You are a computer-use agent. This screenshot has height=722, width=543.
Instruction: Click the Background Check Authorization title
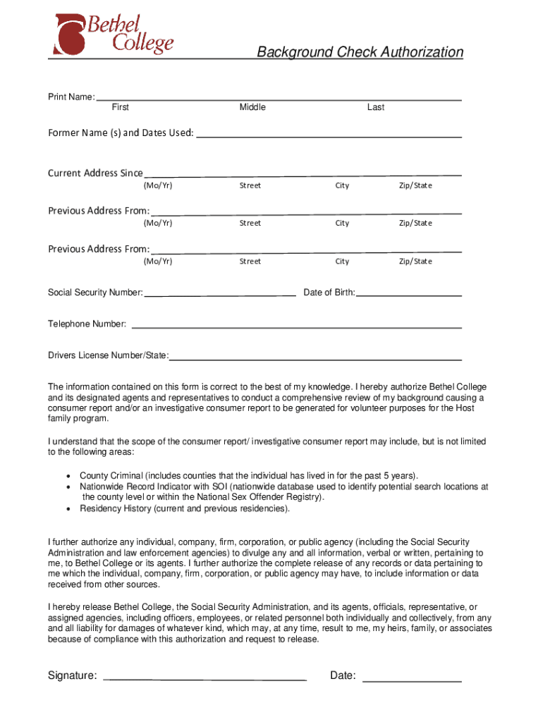pyautogui.click(x=360, y=52)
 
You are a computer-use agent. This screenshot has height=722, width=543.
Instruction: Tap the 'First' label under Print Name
pyautogui.click(x=121, y=107)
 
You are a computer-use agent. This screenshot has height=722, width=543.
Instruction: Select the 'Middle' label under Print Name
pyautogui.click(x=252, y=107)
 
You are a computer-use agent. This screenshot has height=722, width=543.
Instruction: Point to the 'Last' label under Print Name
pyautogui.click(x=376, y=107)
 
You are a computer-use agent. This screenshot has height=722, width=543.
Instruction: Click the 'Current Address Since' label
pyautogui.click(x=95, y=173)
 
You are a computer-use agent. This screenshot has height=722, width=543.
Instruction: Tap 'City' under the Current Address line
pyautogui.click(x=342, y=185)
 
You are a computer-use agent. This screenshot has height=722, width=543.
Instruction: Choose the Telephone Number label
pyautogui.click(x=87, y=324)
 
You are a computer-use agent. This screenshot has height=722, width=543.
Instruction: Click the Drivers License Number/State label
pyautogui.click(x=108, y=355)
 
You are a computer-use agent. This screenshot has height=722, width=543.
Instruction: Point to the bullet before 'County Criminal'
pyautogui.click(x=68, y=476)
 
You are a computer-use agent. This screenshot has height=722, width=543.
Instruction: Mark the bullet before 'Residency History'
pyautogui.click(x=68, y=508)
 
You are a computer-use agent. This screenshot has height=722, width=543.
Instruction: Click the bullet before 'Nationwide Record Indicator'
pyautogui.click(x=68, y=487)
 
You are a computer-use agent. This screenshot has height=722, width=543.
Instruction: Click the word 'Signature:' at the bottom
pyautogui.click(x=73, y=676)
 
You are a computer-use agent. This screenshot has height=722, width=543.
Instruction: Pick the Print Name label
pyautogui.click(x=71, y=97)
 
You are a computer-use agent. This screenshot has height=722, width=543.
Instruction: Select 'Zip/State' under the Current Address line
pyautogui.click(x=415, y=185)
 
